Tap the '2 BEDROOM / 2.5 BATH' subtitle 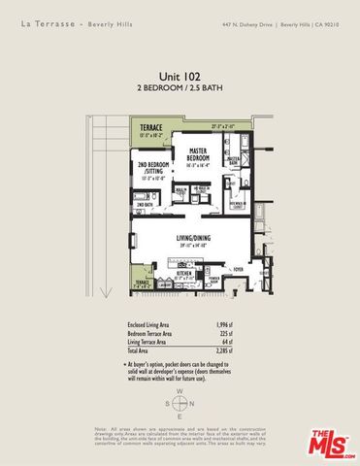point(179,87)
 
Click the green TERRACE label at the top point(150,127)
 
